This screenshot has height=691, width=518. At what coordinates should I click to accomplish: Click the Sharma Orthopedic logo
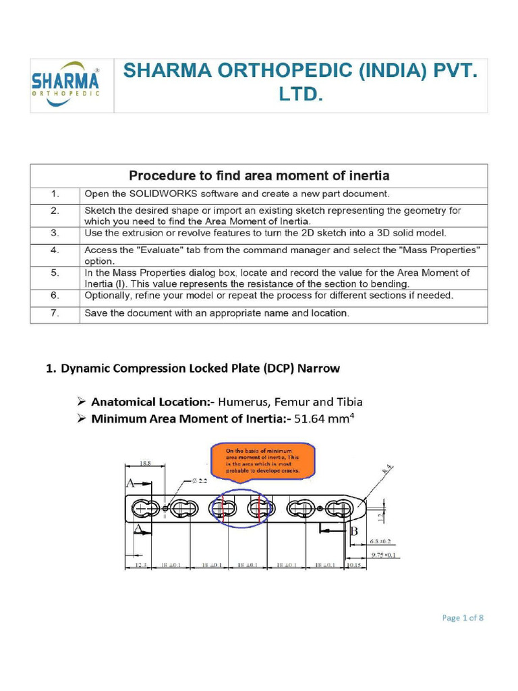65,83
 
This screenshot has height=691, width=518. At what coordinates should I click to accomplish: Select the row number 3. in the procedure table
55,233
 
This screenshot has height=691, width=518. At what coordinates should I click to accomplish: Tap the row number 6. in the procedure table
55,296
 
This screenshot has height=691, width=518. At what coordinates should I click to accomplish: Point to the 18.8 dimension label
144,464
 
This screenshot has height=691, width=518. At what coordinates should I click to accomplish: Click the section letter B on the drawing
353,531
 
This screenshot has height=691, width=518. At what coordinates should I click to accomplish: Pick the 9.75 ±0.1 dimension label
383,555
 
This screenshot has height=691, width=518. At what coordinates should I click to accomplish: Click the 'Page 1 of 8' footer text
463,617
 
